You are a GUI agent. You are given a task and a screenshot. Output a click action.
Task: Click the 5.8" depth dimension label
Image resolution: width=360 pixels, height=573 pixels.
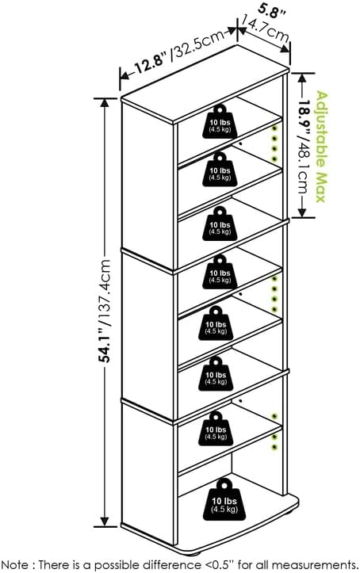tap(271, 11)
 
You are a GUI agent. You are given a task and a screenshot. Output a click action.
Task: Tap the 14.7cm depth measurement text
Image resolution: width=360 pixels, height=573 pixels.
tap(265, 29)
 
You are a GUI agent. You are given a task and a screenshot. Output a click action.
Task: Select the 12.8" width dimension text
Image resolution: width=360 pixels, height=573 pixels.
tap(151, 63)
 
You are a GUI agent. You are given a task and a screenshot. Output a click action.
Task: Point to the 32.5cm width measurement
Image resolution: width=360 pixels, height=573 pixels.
tap(198, 44)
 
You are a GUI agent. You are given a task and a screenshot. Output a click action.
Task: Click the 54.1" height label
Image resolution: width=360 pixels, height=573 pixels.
tap(105, 345)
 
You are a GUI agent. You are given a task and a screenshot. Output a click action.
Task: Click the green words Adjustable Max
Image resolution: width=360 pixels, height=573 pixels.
tap(321, 147)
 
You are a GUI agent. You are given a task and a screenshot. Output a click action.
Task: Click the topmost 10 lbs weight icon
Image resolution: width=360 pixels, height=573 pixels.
tap(220, 121)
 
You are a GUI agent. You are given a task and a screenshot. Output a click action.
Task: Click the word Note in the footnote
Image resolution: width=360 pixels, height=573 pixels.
tap(14, 563)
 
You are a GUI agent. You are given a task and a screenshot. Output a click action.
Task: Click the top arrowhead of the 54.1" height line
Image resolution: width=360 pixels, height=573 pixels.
tap(105, 103)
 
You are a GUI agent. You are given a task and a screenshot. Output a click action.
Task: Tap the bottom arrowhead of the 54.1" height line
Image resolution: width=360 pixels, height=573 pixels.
tap(105, 522)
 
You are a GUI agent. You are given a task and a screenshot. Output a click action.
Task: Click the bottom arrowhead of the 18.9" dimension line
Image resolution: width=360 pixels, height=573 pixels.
tap(302, 212)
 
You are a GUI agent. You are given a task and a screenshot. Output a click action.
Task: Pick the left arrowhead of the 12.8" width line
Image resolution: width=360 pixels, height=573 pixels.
tap(125, 75)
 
